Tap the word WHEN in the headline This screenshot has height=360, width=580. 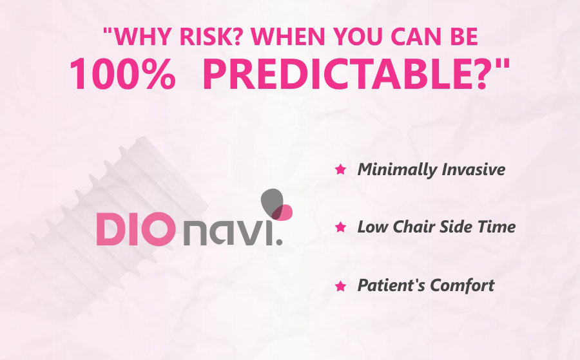click(288, 36)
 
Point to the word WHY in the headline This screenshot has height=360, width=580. click(143, 36)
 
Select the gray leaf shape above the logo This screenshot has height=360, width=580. click(272, 203)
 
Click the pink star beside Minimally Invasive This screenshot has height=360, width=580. click(340, 169)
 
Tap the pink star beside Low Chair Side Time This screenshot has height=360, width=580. click(340, 227)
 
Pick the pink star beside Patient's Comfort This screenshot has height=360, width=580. click(340, 286)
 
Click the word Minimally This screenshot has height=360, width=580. click(397, 171)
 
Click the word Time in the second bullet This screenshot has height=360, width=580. click(496, 227)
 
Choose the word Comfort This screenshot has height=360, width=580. click(462, 285)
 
